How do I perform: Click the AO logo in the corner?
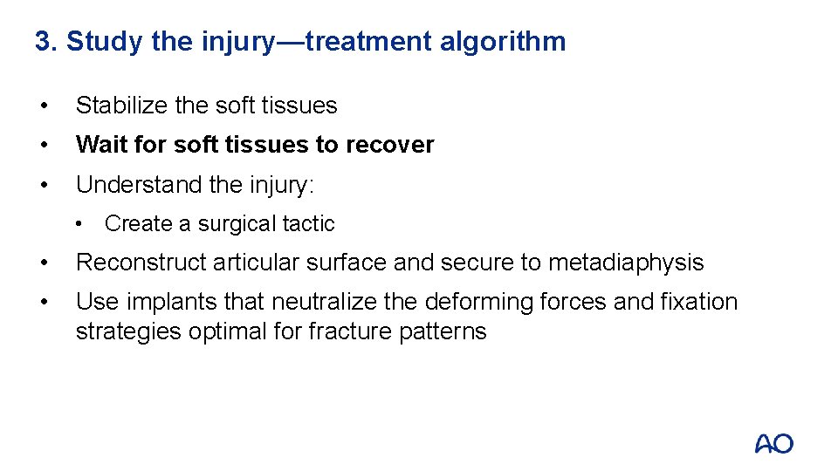point(773,444)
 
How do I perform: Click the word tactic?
point(309,224)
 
